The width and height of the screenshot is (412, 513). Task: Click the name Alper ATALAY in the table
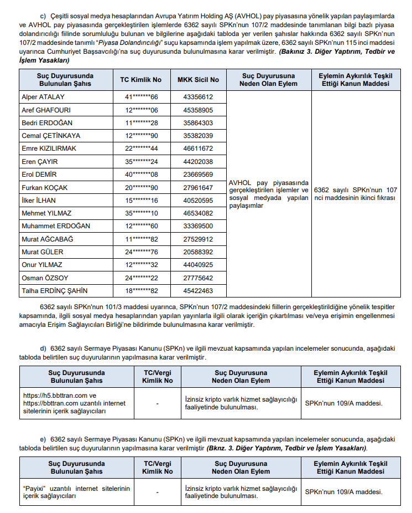[x=43, y=97]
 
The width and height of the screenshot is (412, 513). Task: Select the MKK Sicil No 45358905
[x=197, y=110]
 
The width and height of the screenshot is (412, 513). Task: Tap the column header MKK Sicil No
[x=198, y=80]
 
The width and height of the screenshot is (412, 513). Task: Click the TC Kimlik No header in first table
[x=140, y=80]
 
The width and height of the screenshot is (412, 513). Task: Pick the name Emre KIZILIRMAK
[x=49, y=148]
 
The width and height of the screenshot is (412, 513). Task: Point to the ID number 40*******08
[x=141, y=174]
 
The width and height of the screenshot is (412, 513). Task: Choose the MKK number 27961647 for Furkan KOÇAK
[x=197, y=187]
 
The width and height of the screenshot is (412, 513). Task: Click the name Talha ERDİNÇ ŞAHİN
[x=54, y=290]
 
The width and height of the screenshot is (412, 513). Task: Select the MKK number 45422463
[x=197, y=290]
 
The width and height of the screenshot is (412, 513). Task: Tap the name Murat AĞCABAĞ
[x=47, y=239]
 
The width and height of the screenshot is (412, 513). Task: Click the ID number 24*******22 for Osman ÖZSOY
[x=141, y=278]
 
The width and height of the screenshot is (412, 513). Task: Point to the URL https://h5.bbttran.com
[x=55, y=396]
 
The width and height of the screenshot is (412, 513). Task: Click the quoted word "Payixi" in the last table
[x=34, y=488]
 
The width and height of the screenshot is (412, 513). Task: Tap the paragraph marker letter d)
[x=43, y=348]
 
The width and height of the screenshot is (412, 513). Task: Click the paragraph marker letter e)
[x=43, y=439]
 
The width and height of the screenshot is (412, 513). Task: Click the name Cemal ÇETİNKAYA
[x=51, y=136]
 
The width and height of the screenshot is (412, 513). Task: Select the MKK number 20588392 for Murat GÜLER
[x=197, y=252]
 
